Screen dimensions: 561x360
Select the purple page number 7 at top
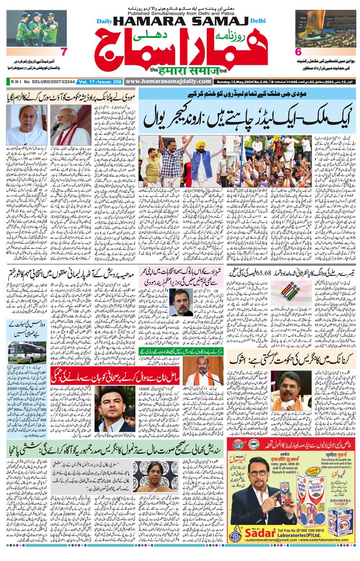(x=64, y=52)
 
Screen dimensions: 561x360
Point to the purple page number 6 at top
(x=297, y=52)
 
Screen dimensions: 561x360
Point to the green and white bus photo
(x=27, y=352)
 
